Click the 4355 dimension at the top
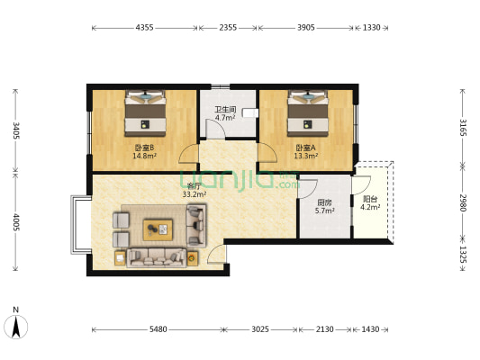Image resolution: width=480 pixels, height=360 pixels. pyautogui.click(x=144, y=28)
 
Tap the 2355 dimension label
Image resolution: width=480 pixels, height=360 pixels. pyautogui.click(x=228, y=28)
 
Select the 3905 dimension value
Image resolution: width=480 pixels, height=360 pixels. pyautogui.click(x=306, y=28)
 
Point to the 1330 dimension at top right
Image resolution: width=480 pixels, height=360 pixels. pyautogui.click(x=372, y=28)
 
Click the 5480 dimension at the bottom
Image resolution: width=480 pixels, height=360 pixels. pyautogui.click(x=158, y=329)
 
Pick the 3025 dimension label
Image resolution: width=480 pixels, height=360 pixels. pyautogui.click(x=260, y=329)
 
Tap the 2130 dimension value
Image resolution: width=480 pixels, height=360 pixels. pyautogui.click(x=325, y=329)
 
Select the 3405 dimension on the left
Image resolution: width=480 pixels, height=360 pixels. pyautogui.click(x=16, y=130)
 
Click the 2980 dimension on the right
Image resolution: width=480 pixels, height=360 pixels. pyautogui.click(x=463, y=202)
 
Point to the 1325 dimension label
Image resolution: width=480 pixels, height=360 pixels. pyautogui.click(x=463, y=255)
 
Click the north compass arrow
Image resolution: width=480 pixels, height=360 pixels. pyautogui.click(x=16, y=327)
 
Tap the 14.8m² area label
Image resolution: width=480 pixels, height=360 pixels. pyautogui.click(x=144, y=156)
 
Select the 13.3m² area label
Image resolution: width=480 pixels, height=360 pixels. pyautogui.click(x=306, y=156)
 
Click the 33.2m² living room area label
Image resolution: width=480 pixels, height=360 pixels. pyautogui.click(x=195, y=193)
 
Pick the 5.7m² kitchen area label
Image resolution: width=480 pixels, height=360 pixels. pyautogui.click(x=324, y=211)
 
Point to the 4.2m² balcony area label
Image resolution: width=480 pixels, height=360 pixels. pyautogui.click(x=370, y=207)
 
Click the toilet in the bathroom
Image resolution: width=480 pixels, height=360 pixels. pyautogui.click(x=249, y=112)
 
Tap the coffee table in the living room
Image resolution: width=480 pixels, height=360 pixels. pyautogui.click(x=158, y=229)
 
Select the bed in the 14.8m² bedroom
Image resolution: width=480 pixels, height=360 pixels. pyautogui.click(x=145, y=113)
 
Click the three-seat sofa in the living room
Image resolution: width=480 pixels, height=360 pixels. pyautogui.click(x=157, y=257)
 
